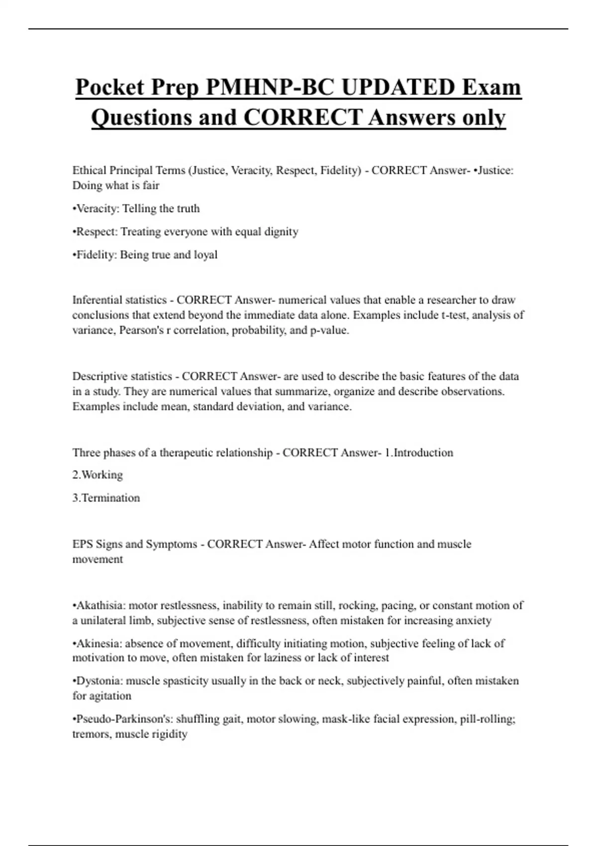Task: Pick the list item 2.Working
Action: [98, 475]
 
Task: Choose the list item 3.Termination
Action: [106, 498]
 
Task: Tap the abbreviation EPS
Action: [83, 544]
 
